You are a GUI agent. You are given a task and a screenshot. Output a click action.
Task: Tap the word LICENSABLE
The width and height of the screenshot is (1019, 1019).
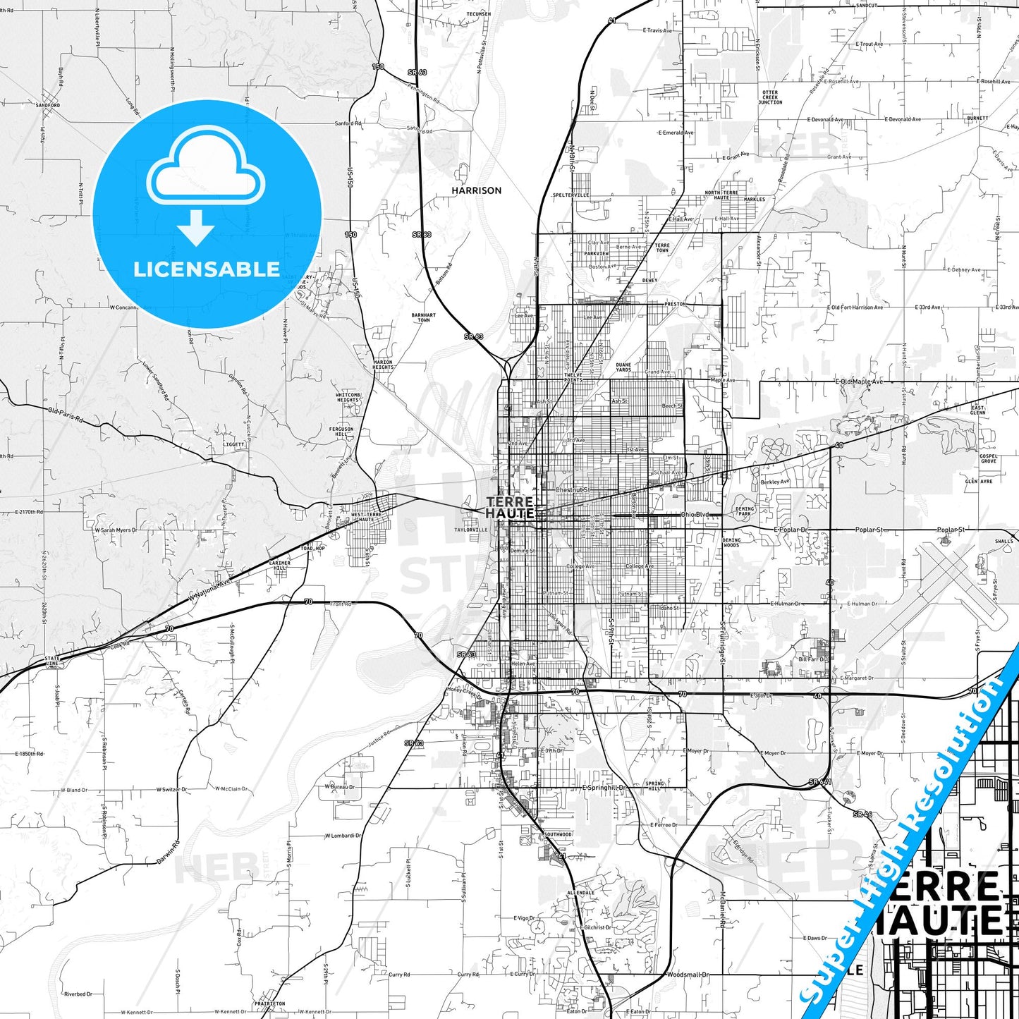pyautogui.click(x=207, y=269)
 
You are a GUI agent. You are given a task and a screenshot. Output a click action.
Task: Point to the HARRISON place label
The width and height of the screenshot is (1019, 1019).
pyautogui.click(x=477, y=190)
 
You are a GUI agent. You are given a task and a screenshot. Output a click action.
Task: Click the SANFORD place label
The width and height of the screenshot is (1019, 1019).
pyautogui.click(x=48, y=105)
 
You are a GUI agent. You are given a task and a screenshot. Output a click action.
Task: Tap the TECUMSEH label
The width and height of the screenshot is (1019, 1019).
pyautogui.click(x=478, y=13)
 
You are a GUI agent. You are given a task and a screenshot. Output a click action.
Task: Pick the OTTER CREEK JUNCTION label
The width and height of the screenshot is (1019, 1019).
pyautogui.click(x=770, y=97)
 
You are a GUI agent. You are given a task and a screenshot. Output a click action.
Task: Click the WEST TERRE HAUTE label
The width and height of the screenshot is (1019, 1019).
pyautogui.click(x=367, y=517)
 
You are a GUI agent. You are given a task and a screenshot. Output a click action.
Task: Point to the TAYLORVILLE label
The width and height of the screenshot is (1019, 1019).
pyautogui.click(x=471, y=530)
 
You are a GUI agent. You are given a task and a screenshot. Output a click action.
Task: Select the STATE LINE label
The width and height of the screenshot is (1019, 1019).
pyautogui.click(x=52, y=661)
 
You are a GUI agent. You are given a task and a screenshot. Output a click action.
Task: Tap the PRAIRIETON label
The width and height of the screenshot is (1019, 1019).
pyautogui.click(x=270, y=1003)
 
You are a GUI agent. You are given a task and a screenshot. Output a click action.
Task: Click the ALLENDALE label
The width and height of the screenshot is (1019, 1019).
pyautogui.click(x=581, y=893)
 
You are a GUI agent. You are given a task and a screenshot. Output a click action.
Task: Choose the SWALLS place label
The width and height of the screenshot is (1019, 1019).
pyautogui.click(x=1004, y=542)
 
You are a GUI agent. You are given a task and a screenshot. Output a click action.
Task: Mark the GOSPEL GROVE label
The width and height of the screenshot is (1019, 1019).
pyautogui.click(x=989, y=458)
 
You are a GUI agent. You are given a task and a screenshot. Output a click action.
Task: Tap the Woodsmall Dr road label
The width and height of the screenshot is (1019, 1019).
pyautogui.click(x=688, y=975)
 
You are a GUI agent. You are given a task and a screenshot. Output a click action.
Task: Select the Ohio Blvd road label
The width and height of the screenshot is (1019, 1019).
pyautogui.click(x=695, y=515)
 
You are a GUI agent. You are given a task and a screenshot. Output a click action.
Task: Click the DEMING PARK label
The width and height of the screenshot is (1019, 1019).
pyautogui.click(x=745, y=511)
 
